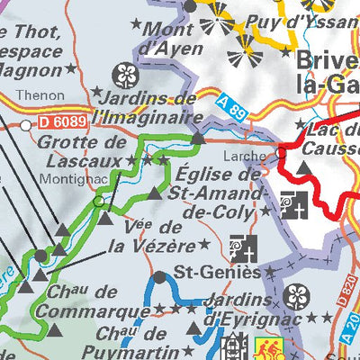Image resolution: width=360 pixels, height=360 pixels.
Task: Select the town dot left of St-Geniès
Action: click(160, 277)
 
